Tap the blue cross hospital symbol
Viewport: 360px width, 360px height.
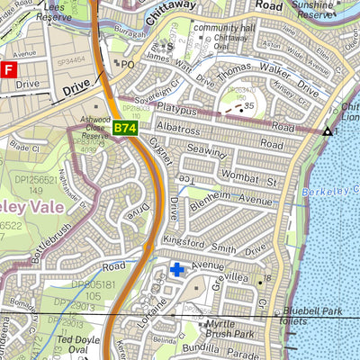coord(177,268)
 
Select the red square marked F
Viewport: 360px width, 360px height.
coord(8,68)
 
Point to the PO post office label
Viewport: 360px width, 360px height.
coord(127,64)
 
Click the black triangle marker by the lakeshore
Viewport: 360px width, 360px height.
coord(326,132)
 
